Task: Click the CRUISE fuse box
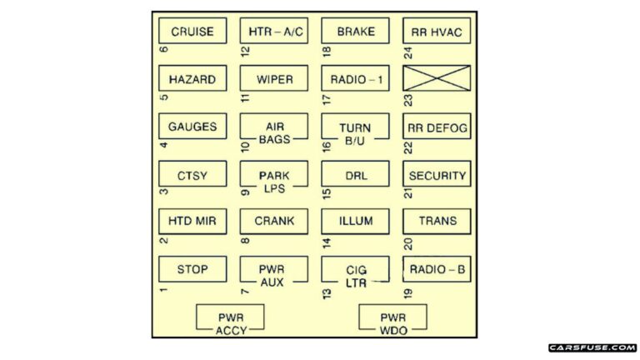pyautogui.click(x=192, y=32)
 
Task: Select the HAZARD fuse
pyautogui.click(x=192, y=79)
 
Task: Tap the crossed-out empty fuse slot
pyautogui.click(x=437, y=79)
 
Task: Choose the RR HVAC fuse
pyautogui.click(x=437, y=32)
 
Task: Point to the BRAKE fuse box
pyautogui.click(x=356, y=32)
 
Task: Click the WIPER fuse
pyautogui.click(x=274, y=79)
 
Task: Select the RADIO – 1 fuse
pyautogui.click(x=356, y=79)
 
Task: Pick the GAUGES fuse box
pyautogui.click(x=192, y=127)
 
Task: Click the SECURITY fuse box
pyautogui.click(x=437, y=175)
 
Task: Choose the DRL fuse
pyautogui.click(x=356, y=175)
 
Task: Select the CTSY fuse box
pyautogui.click(x=192, y=175)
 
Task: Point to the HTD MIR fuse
pyautogui.click(x=192, y=222)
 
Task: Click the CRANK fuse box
pyautogui.click(x=274, y=222)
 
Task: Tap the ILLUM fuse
pyautogui.click(x=356, y=222)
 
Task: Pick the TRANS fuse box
pyautogui.click(x=437, y=222)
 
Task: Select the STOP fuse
pyautogui.click(x=192, y=269)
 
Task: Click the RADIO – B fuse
pyautogui.click(x=437, y=269)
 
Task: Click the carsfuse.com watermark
pyautogui.click(x=592, y=347)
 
